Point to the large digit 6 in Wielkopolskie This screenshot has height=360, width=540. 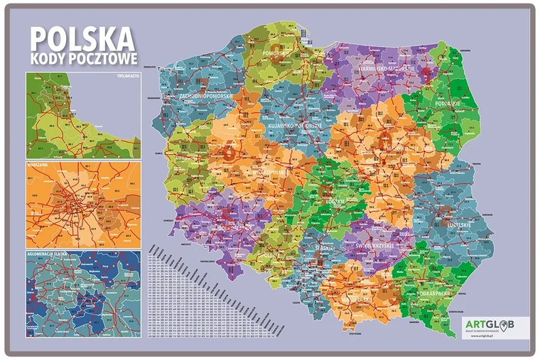(229, 152)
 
